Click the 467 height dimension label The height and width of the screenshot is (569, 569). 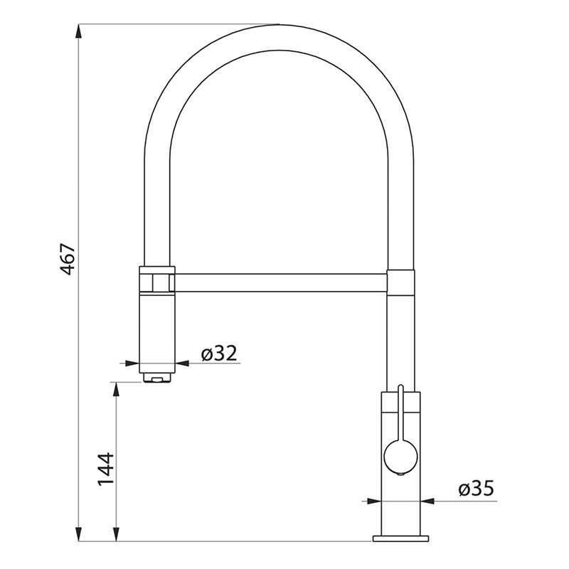(68, 259)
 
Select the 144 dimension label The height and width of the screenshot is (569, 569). (105, 469)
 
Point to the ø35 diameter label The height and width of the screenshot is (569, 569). (476, 489)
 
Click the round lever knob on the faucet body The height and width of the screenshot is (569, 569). (400, 457)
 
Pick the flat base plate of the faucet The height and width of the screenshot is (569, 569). (400, 538)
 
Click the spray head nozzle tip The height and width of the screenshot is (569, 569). (157, 378)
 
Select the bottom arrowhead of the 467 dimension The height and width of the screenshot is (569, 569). (78, 534)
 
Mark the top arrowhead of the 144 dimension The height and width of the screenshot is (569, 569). (116, 389)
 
